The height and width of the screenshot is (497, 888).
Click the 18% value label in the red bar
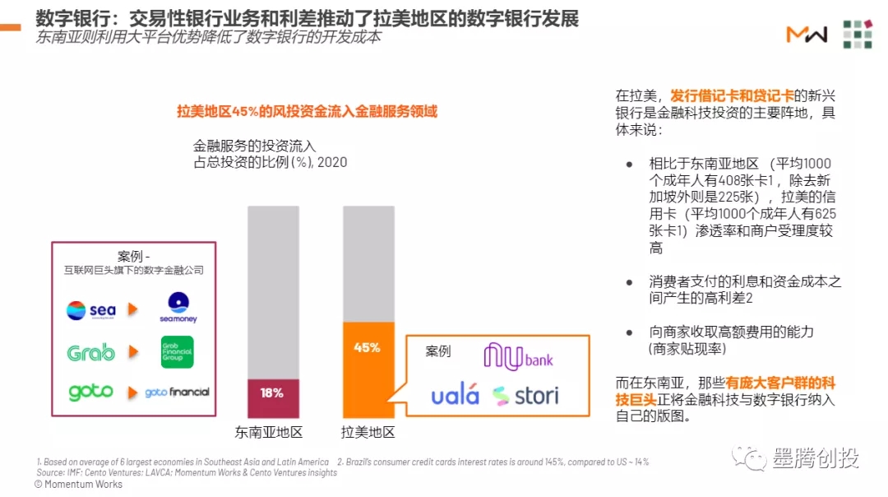[x=272, y=393]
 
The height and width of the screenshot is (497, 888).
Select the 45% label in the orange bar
[x=367, y=347]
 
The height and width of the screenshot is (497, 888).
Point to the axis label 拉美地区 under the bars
[x=368, y=432]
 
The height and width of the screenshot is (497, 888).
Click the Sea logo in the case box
[x=90, y=310]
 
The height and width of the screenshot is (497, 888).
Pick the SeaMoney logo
[x=178, y=308]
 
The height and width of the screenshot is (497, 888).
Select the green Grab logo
[x=90, y=352]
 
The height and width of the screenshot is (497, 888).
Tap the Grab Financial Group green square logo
[x=178, y=351]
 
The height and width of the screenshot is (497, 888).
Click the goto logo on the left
[x=90, y=392]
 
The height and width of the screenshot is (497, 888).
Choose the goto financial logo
[x=177, y=392]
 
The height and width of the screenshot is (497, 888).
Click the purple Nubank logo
[x=518, y=356]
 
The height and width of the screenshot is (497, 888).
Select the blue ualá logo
[x=455, y=396]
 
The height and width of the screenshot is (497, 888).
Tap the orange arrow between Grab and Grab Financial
[x=133, y=352]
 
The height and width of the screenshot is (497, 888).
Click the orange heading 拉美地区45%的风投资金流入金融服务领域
[x=307, y=111]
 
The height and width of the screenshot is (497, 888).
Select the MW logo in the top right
[x=806, y=35]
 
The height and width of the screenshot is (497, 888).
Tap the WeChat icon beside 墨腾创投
[x=750, y=458]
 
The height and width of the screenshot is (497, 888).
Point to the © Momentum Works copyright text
[x=78, y=485]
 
